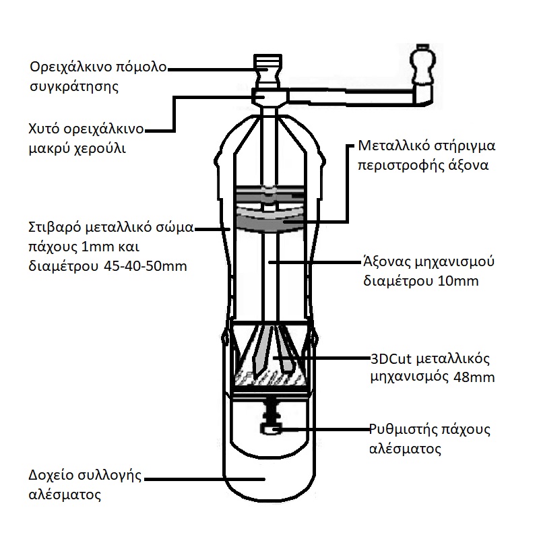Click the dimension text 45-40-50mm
146,265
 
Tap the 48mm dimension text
475,377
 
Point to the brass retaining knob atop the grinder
268,68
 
